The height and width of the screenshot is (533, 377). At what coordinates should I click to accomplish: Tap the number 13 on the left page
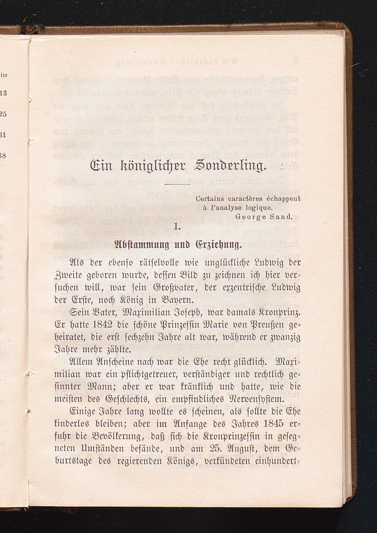coord(3,93)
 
